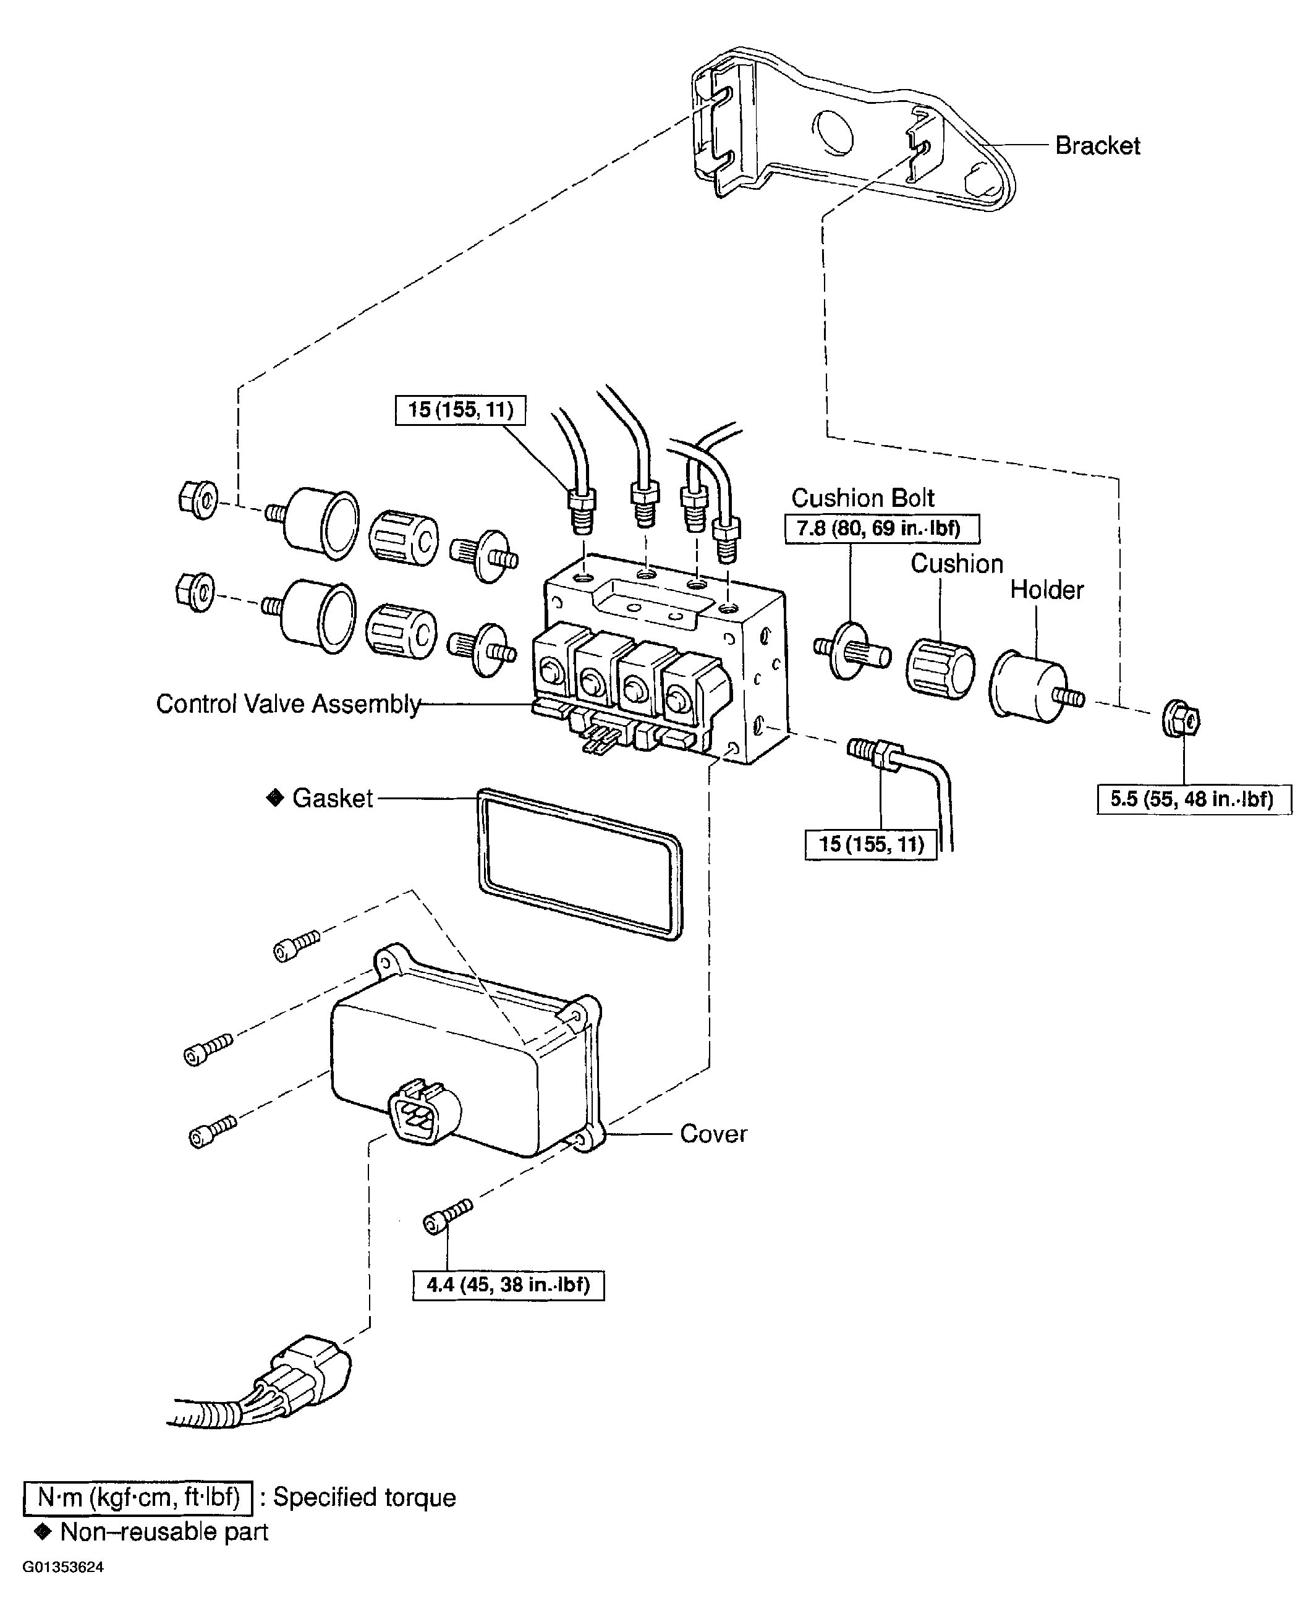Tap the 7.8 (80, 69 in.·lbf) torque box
coord(881,529)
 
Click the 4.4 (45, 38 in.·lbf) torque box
coord(508,1285)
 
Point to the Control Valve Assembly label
coord(288,704)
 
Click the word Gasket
coord(332,798)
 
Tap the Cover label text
coord(713,1134)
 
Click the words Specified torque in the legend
coord(364,1497)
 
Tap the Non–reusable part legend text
coord(164,1532)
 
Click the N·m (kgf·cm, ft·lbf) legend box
coord(138,1497)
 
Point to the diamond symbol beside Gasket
coord(274,797)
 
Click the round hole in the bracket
coord(833,134)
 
